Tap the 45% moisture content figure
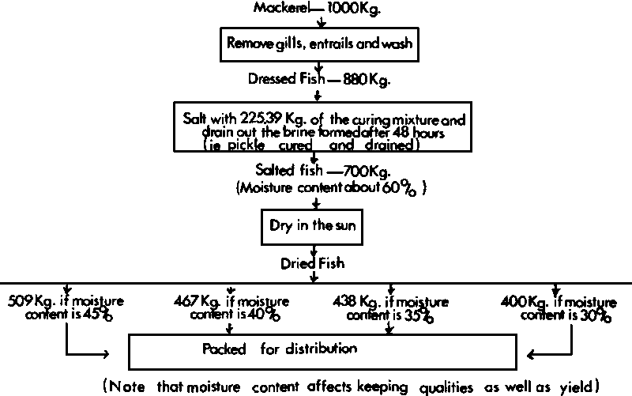tap(96, 315)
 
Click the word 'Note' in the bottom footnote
tap(130, 387)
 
